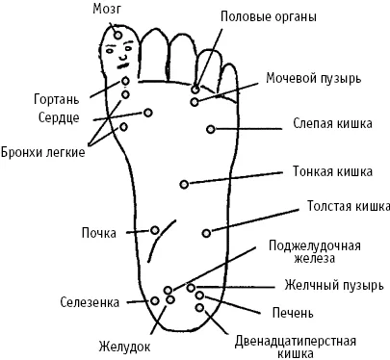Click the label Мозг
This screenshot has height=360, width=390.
107,9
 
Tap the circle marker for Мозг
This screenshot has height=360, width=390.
118,35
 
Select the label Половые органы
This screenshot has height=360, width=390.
269,17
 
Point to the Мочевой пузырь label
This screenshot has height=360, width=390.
314,78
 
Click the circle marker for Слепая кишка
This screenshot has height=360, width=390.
211,129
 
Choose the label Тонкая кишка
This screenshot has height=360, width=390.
332,171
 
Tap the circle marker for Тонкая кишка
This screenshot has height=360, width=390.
184,184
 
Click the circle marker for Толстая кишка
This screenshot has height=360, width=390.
206,233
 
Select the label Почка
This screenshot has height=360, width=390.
99,233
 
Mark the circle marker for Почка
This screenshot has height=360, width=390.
155,230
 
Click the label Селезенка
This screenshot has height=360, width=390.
90,302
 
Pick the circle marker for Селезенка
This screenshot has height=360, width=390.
155,300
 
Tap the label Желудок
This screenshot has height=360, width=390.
124,347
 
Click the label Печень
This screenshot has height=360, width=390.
293,313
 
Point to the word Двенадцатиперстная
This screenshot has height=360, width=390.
296,341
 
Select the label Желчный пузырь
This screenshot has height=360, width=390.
334,285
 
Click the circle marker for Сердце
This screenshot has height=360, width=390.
147,113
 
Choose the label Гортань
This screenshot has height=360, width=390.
56,99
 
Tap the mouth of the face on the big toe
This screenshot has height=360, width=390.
123,66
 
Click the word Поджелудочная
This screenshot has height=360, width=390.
315,246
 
